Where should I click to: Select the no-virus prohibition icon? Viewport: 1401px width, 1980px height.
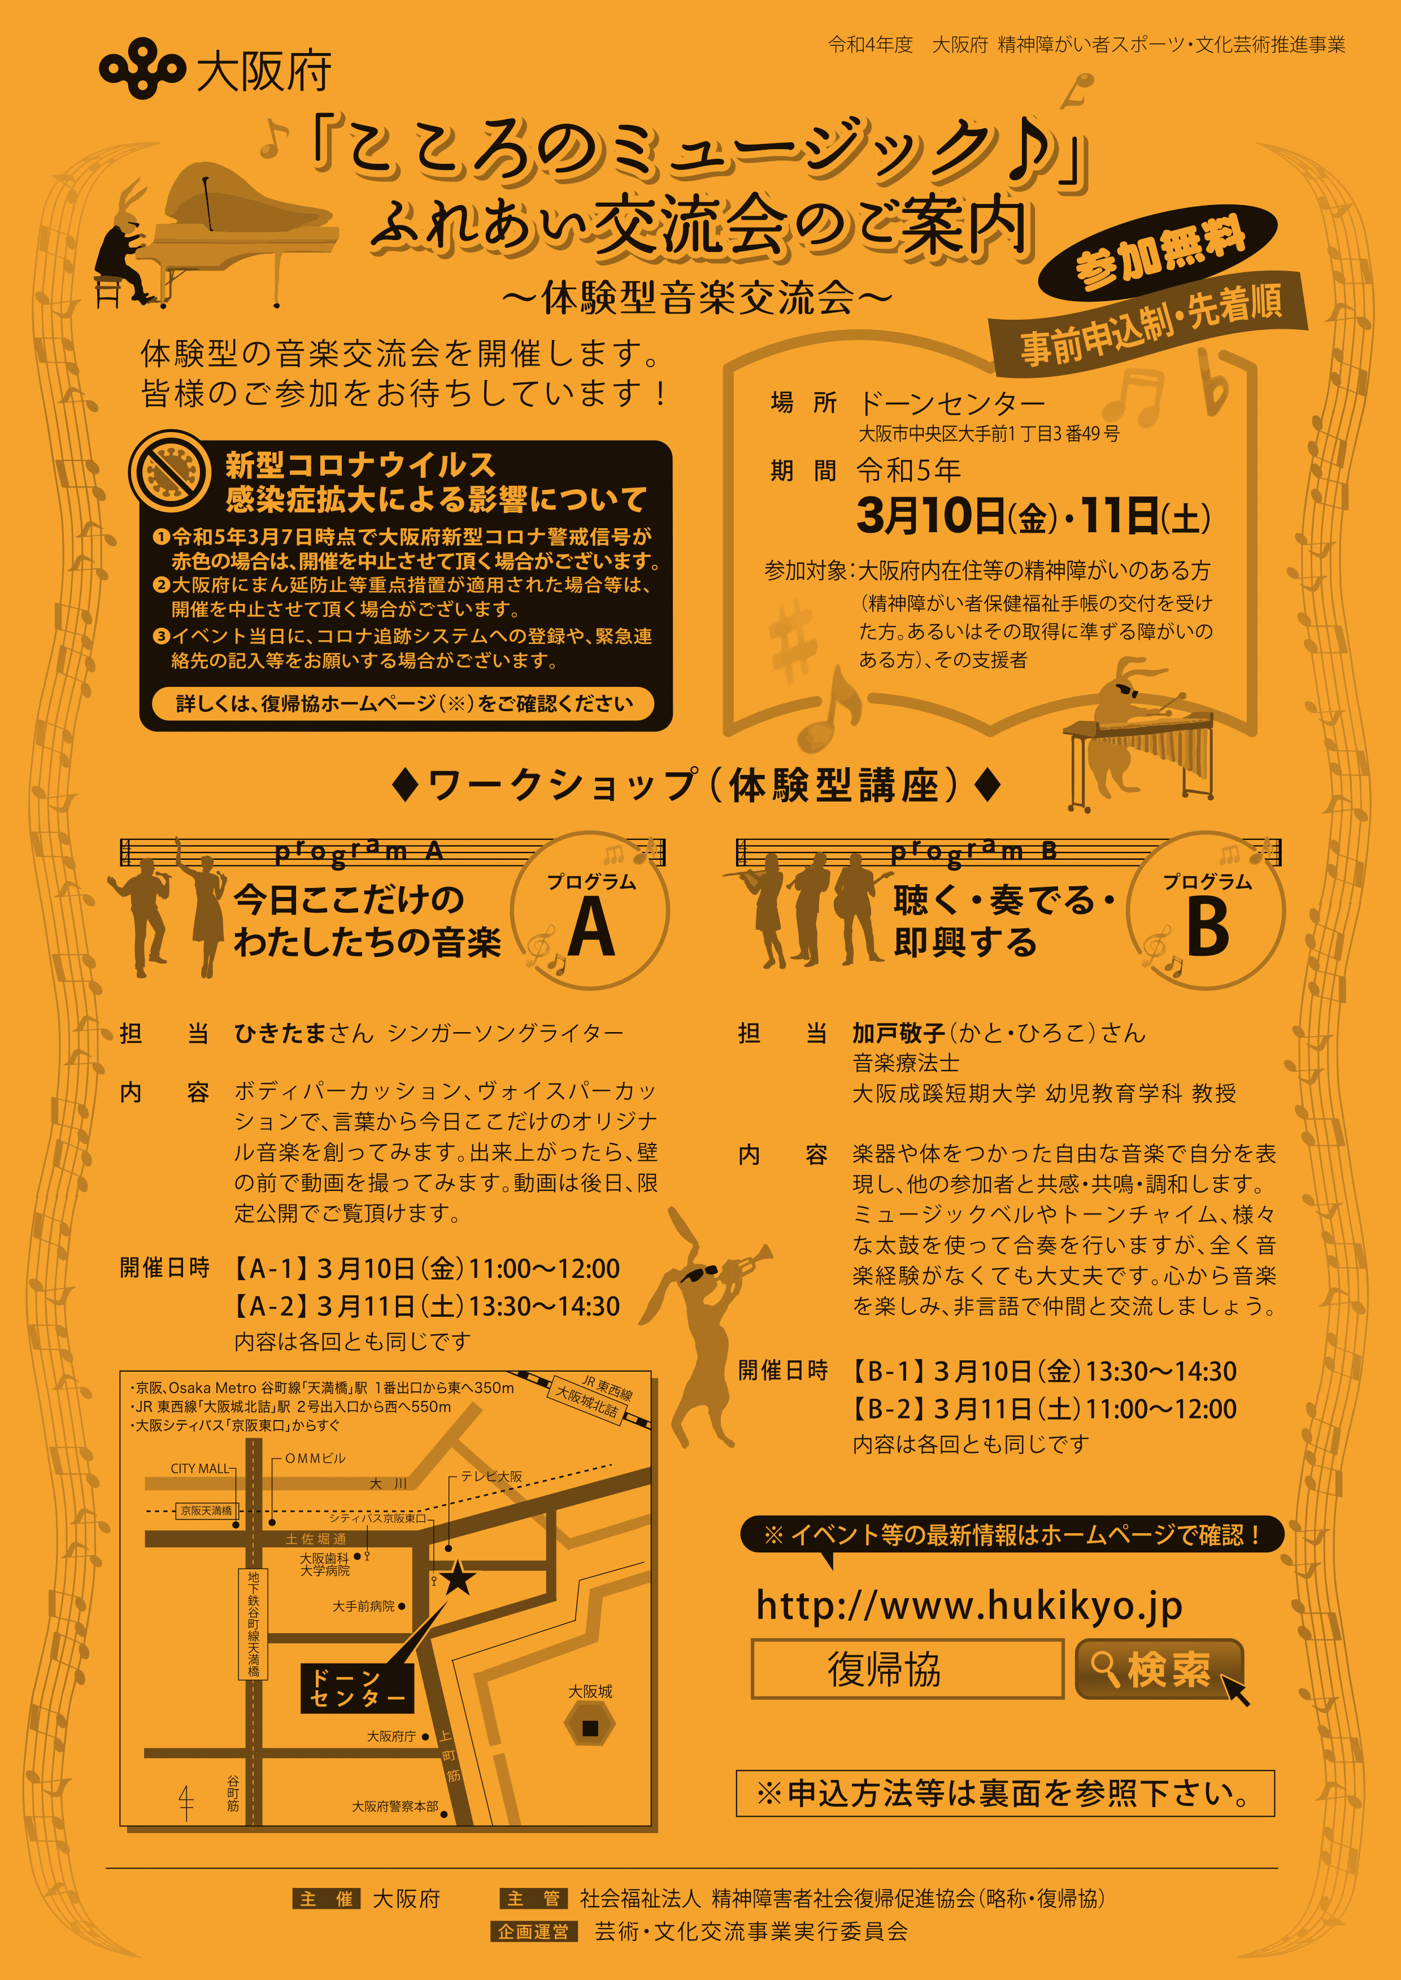tap(170, 471)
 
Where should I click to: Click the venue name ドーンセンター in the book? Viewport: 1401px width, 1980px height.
tap(951, 403)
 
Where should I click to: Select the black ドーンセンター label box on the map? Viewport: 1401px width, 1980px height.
tap(357, 1687)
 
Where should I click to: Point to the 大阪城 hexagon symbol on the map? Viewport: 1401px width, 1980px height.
tap(590, 1727)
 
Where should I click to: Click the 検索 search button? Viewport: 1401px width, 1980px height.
tap(1158, 1669)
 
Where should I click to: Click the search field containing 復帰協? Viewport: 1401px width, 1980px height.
tap(908, 1669)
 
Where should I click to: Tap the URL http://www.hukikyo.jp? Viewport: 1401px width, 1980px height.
tap(969, 1605)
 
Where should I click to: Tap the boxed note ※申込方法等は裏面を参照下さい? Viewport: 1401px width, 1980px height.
tap(1005, 1794)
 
